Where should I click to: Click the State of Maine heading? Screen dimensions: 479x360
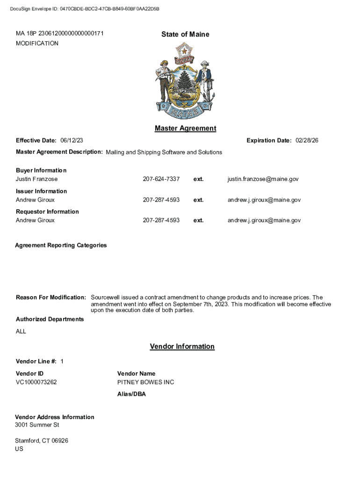[185, 34]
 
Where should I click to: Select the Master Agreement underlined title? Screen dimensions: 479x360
[185, 128]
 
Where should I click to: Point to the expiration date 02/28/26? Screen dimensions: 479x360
[307, 141]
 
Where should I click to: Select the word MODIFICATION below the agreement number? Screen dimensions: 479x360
[37, 44]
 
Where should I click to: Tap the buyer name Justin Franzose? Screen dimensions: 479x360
[37, 179]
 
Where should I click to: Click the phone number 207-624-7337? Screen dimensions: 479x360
[161, 179]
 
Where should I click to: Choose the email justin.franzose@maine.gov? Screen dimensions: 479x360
[263, 179]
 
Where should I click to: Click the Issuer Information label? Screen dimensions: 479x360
[42, 191]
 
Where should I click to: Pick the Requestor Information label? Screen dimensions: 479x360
[47, 212]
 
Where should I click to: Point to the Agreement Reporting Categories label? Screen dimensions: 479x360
[61, 245]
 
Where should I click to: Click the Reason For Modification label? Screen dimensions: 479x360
[51, 298]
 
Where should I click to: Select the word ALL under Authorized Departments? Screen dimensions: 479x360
[21, 332]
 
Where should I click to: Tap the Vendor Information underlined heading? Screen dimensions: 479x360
[182, 347]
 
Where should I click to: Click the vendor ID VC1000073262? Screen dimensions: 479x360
[36, 382]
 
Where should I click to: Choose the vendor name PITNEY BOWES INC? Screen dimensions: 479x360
[145, 382]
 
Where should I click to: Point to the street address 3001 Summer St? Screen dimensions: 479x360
[37, 425]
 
